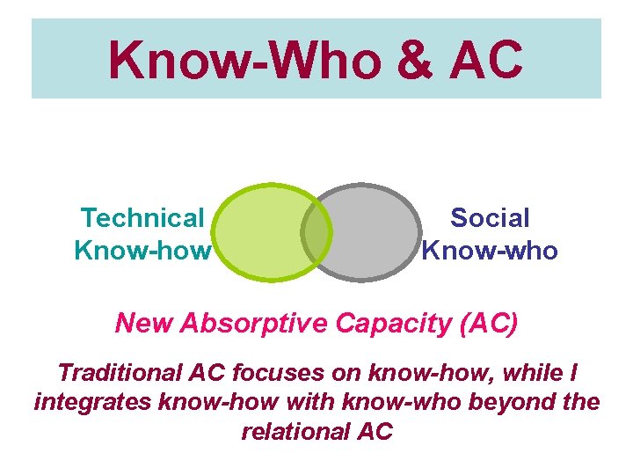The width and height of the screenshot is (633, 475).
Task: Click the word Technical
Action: [142, 217]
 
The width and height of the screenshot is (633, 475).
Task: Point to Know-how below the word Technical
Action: [142, 251]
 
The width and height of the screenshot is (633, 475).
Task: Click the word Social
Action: [490, 217]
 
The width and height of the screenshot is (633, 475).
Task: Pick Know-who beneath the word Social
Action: [490, 251]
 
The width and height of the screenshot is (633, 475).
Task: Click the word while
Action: [532, 372]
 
